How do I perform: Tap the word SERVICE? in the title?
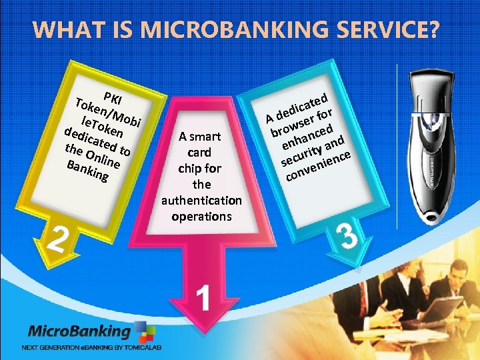pos(389,31)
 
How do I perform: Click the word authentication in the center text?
pos(201,200)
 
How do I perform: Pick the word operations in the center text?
pos(201,216)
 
